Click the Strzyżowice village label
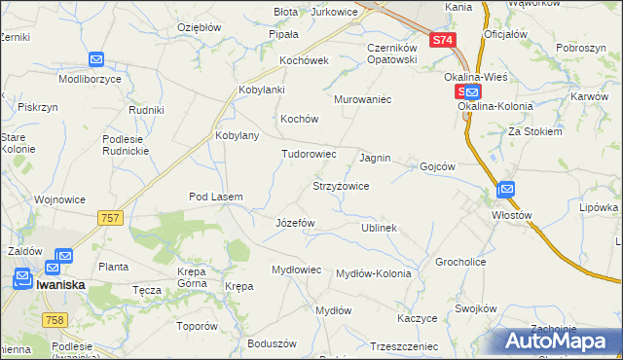340,185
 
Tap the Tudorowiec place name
309,154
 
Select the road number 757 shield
110,219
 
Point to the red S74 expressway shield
443,40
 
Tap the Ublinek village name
380,228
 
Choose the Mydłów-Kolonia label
373,273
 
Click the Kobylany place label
237,135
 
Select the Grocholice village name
460,263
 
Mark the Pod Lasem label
215,197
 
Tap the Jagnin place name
375,158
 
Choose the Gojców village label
437,166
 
